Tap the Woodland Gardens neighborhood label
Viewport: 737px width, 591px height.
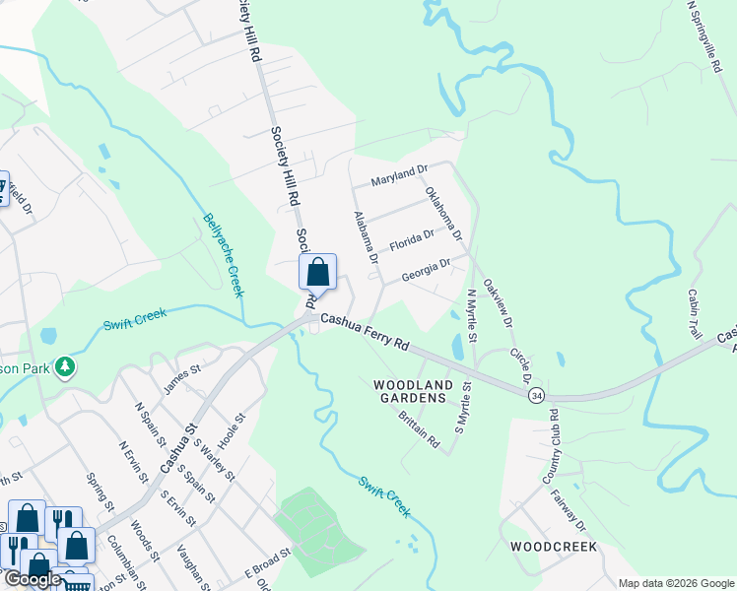point(413,391)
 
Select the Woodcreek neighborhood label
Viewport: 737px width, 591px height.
point(553,545)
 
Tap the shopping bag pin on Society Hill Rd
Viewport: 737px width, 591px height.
point(318,272)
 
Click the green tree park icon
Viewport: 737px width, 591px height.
point(66,367)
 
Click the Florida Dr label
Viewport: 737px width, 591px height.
point(412,239)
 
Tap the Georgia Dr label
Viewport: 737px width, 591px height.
point(426,269)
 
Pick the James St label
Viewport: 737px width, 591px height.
point(181,377)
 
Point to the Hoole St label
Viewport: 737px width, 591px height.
point(230,430)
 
